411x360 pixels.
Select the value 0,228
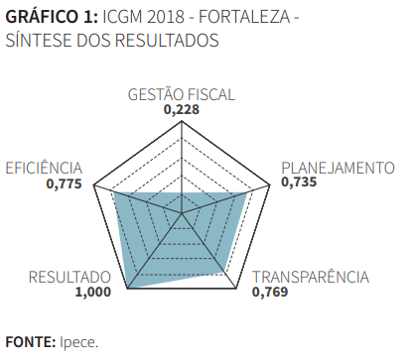[x=182, y=110]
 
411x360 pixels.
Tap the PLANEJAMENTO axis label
[x=338, y=167]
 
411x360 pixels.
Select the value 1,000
[x=92, y=293]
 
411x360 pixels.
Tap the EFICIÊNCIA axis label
[x=44, y=167]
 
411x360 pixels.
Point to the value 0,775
[x=64, y=182]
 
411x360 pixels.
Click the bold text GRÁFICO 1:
[x=51, y=17]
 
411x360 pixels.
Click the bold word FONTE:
[x=30, y=342]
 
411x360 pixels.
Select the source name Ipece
[x=78, y=342]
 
